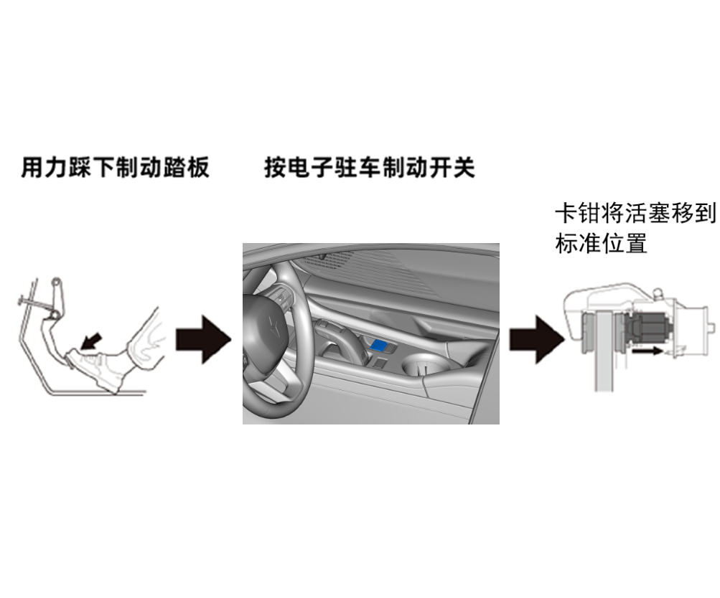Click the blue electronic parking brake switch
coord(381,346)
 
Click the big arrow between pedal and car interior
coord(203,337)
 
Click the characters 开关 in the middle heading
coord(454,168)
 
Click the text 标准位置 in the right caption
coord(602,244)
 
